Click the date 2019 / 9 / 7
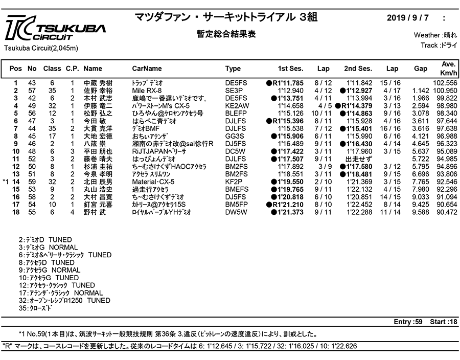(408, 18)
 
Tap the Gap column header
(421, 69)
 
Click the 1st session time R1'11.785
(285, 83)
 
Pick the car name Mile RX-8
(147, 91)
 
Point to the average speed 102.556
(445, 83)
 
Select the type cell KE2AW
(237, 106)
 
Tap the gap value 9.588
(421, 212)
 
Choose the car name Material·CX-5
(153, 182)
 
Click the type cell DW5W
(236, 212)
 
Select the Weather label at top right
(427, 35)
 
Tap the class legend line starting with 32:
(64, 301)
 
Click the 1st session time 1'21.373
(287, 212)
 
